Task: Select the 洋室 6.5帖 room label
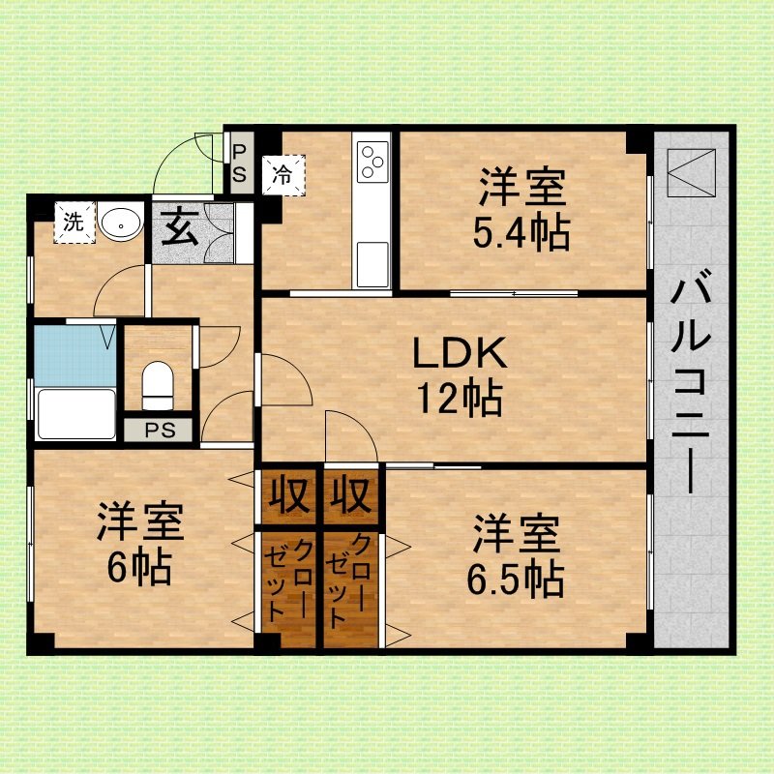click(516, 555)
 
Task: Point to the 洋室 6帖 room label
click(140, 544)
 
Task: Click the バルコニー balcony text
click(690, 381)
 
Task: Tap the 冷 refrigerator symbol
click(283, 175)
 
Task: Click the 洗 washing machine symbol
click(74, 223)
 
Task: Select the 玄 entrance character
click(181, 227)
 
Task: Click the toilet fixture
click(158, 385)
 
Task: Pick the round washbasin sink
click(120, 223)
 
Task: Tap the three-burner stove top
click(372, 161)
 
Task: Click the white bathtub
click(76, 414)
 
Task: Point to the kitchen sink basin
click(372, 263)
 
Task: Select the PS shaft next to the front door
click(240, 163)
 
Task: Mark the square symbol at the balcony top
click(691, 173)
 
